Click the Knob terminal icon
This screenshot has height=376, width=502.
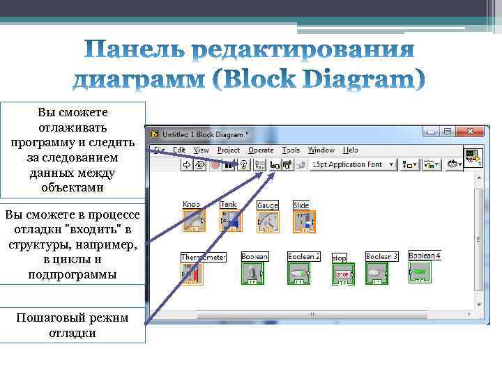(x=192, y=221)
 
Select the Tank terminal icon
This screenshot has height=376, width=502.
(x=229, y=221)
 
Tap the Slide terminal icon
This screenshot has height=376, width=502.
(x=304, y=221)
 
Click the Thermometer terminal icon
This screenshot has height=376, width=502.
(x=192, y=274)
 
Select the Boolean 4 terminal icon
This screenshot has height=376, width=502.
(x=418, y=271)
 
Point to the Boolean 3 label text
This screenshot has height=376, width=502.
(x=382, y=256)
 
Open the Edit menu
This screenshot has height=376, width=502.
(x=179, y=150)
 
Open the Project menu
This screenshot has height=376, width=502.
(x=228, y=150)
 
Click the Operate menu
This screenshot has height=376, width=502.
(x=261, y=150)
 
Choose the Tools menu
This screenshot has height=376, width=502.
(x=291, y=150)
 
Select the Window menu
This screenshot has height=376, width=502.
(x=321, y=150)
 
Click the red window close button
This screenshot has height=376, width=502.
(x=472, y=132)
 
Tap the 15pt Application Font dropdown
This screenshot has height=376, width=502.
(x=353, y=165)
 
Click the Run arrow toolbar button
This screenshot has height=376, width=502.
(x=185, y=165)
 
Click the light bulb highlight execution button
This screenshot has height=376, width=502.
(x=244, y=165)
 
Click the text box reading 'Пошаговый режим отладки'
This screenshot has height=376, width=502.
(x=73, y=325)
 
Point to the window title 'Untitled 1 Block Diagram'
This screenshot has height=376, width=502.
(x=202, y=134)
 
